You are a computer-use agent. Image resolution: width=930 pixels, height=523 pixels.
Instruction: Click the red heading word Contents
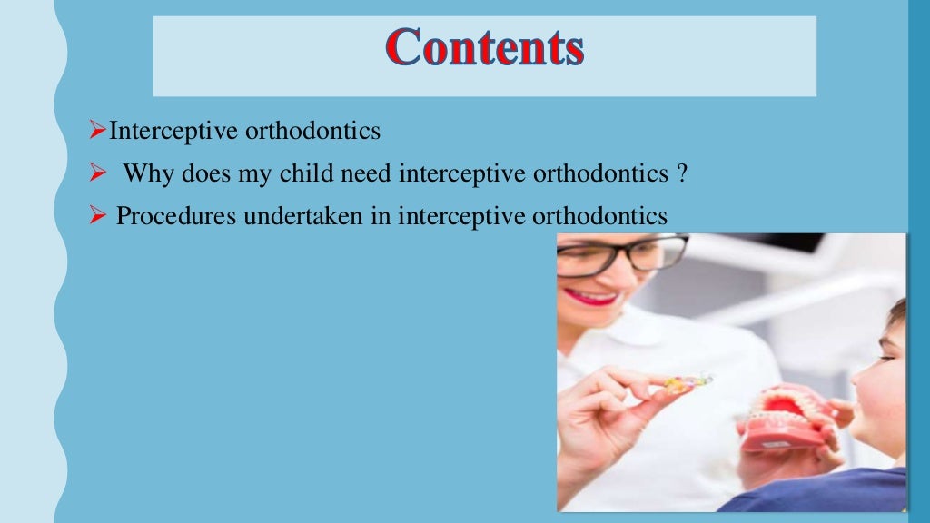[484, 47]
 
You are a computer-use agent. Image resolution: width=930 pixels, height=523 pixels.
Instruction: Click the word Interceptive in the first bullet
[173, 132]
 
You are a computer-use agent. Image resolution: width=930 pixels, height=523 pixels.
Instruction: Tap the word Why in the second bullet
[143, 173]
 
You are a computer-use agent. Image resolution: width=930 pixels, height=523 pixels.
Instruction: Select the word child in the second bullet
[299, 173]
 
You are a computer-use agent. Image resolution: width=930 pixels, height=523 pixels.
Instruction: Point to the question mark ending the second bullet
[680, 173]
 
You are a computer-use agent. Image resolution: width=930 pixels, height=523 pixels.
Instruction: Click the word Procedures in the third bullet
[167, 216]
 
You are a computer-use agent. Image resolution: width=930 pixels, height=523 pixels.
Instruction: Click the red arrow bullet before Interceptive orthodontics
[99, 132]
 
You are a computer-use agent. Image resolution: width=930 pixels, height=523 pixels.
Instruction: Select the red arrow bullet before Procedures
[99, 216]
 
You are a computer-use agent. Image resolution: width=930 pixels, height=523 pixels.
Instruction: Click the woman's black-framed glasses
[618, 255]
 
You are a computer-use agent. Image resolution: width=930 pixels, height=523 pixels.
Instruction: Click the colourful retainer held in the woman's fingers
[687, 383]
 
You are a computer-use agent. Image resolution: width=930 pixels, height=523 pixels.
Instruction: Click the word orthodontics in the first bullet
[312, 132]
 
